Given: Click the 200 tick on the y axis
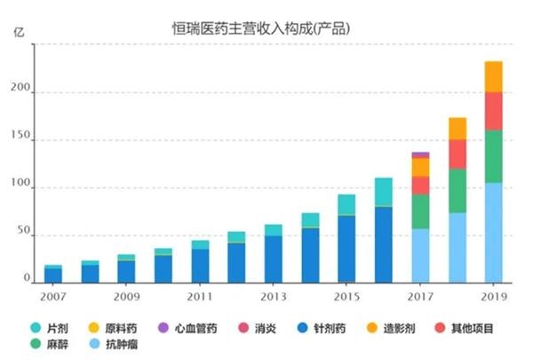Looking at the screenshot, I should (x=24, y=92).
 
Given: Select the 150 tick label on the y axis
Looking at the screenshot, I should (x=24, y=140).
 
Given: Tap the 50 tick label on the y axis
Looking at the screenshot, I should (x=27, y=236).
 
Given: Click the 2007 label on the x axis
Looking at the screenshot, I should (x=54, y=294).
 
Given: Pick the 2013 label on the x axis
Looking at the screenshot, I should (x=274, y=294).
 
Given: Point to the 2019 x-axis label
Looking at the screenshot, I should (x=494, y=294).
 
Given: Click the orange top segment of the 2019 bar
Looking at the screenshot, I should (x=494, y=76).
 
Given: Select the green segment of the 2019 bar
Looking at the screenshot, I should (x=494, y=156).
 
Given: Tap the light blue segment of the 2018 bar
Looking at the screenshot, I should (x=457, y=248).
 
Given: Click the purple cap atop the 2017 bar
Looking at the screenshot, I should (x=420, y=155).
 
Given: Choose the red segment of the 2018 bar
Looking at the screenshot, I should (x=457, y=154).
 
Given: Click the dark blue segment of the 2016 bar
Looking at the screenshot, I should (x=384, y=244).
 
